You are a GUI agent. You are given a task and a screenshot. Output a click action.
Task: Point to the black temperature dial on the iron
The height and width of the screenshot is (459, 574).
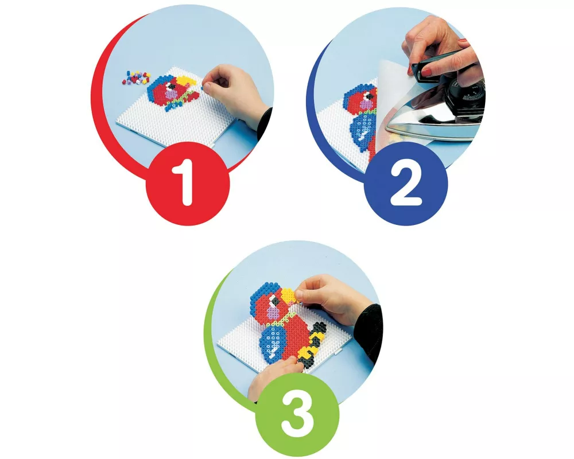472,91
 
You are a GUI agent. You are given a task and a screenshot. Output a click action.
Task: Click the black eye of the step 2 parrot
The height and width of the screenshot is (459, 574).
370,96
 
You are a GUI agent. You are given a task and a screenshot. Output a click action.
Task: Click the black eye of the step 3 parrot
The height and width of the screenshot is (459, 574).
276,301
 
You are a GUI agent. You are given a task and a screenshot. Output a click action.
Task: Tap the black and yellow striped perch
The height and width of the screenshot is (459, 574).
311,344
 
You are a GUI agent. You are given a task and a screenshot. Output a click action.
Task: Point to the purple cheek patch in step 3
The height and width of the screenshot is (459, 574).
274,313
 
